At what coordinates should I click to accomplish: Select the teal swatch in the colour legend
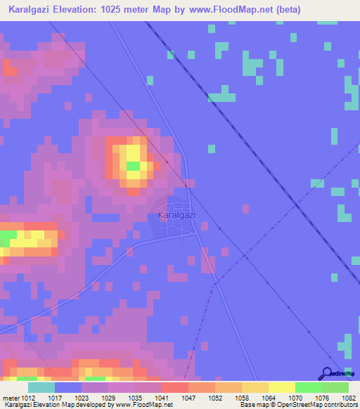(41, 387)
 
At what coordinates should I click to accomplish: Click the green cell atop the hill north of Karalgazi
(132, 166)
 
